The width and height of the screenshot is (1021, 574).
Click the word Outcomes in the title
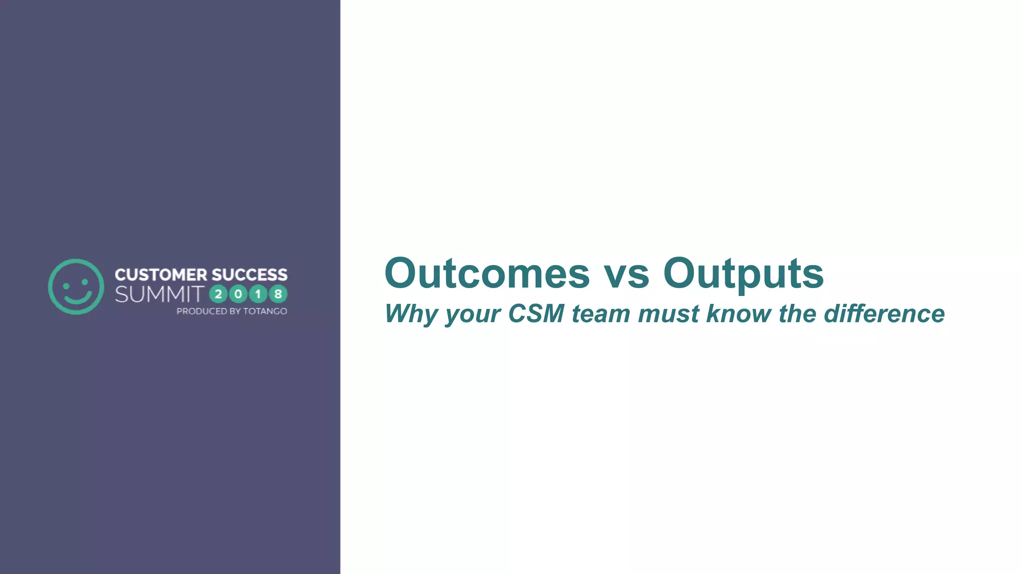[487, 273]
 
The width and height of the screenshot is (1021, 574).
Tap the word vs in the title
[627, 274]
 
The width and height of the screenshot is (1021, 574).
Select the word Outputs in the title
[743, 274]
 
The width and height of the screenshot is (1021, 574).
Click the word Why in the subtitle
[410, 314]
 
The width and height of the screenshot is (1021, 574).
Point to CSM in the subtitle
[536, 314]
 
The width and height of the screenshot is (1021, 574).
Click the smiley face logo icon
[76, 287]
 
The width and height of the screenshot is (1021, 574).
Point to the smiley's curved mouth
[77, 298]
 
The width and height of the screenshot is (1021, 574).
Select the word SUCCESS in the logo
[249, 275]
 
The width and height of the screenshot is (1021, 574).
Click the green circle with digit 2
[218, 294]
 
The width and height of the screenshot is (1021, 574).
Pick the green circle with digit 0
[238, 294]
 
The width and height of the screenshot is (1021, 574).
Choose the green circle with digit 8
[278, 294]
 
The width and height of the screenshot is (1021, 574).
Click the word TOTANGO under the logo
[265, 311]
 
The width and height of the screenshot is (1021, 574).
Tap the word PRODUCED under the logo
[201, 311]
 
